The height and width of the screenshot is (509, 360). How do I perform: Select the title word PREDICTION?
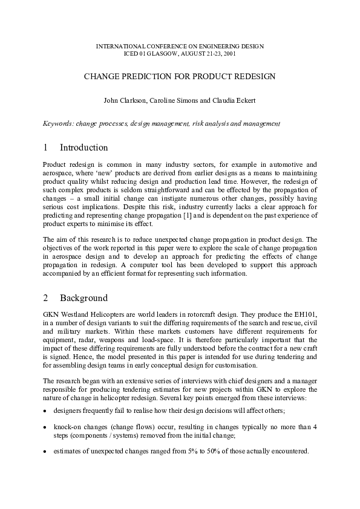pos(140,77)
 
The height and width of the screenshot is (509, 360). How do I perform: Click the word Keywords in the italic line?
pos(57,123)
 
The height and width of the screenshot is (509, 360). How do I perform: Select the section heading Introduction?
pos(84,148)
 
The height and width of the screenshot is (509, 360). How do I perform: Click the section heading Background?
pos(84,298)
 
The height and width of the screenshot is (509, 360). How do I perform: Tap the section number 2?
pos(46,298)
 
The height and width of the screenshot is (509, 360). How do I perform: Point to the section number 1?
pos(46,148)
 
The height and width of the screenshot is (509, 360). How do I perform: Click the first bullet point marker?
pos(46,410)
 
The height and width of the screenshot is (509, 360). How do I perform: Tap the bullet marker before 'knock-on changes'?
pos(46,427)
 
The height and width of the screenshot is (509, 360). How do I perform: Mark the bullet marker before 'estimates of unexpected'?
pos(46,452)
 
